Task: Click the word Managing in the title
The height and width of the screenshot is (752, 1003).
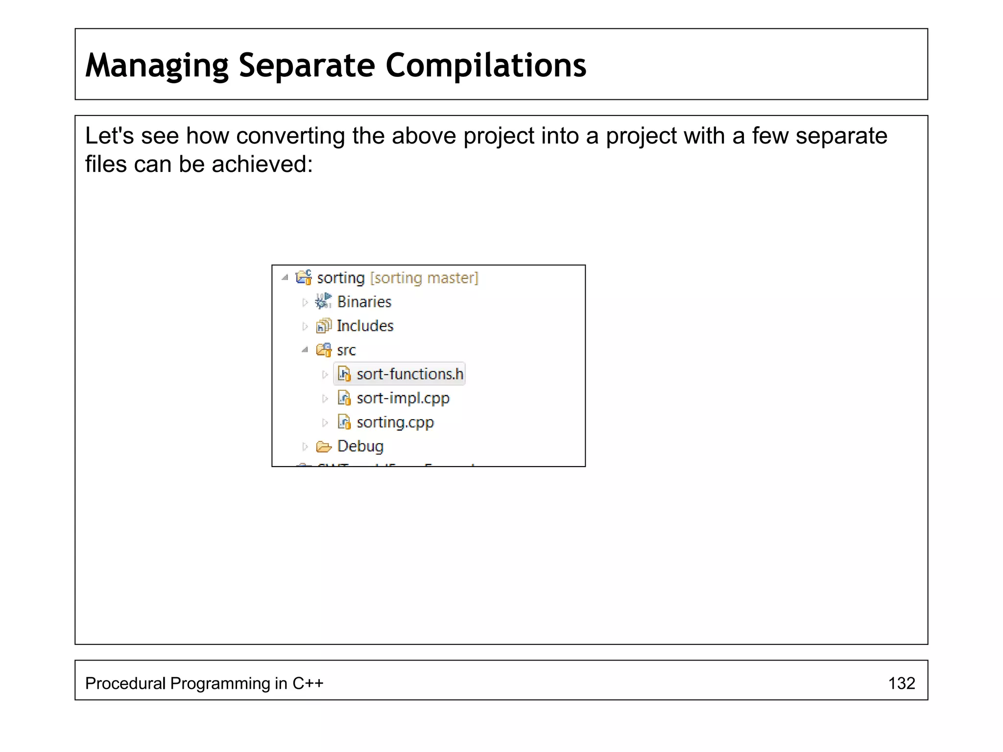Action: click(157, 66)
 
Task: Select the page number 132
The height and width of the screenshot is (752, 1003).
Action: click(901, 683)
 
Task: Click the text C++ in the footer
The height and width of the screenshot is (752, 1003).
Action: click(308, 683)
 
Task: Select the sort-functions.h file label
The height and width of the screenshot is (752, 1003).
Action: click(409, 374)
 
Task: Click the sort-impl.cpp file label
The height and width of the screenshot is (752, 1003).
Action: click(403, 399)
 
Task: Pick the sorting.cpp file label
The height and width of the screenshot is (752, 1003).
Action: click(395, 423)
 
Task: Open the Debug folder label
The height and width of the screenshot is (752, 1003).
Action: click(360, 446)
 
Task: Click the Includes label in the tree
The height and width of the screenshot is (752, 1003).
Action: click(365, 326)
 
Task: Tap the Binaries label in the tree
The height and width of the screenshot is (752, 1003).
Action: click(364, 302)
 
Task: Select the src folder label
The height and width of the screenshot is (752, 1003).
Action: click(346, 351)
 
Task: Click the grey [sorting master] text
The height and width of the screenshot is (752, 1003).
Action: click(424, 278)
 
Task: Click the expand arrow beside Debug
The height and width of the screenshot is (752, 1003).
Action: click(305, 446)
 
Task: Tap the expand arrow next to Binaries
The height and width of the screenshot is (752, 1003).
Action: click(305, 303)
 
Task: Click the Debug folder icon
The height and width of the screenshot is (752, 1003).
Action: click(324, 446)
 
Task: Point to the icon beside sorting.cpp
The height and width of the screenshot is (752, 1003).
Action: click(344, 422)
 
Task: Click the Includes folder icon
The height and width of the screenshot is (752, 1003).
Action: click(324, 326)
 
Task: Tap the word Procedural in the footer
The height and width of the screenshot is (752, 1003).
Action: click(125, 683)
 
